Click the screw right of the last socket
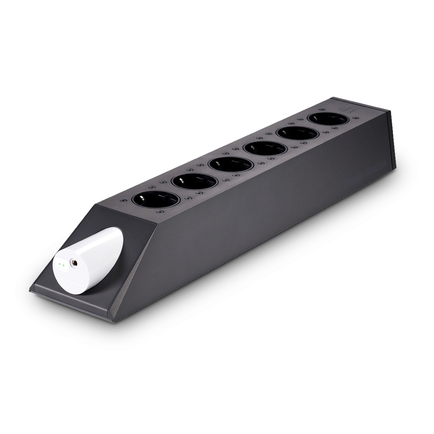(x=356, y=118)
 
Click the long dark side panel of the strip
(x=257, y=227)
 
